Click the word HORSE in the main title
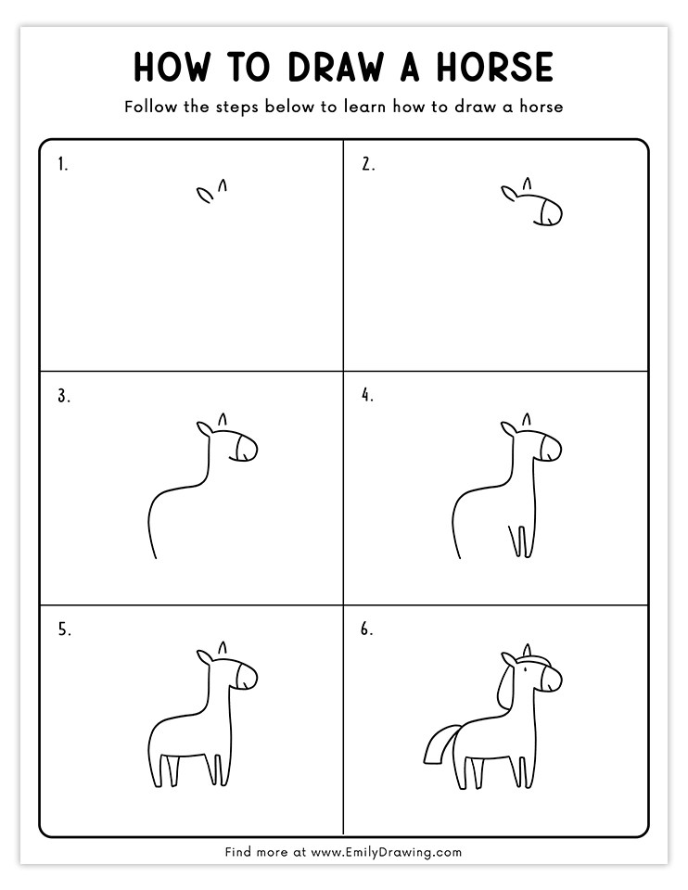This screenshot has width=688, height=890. tap(494, 67)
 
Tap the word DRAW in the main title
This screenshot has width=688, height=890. tap(336, 67)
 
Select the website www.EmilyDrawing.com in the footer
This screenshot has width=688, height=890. tap(387, 852)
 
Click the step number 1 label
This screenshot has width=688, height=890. tap(62, 165)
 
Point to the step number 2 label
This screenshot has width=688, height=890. tap(368, 165)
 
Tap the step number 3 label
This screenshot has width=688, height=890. tap(64, 396)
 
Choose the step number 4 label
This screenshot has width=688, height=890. tap(368, 395)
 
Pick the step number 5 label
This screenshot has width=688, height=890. tap(65, 629)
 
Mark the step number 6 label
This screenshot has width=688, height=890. tap(367, 629)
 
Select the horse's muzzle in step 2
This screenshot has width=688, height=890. tap(550, 212)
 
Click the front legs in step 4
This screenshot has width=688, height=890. tap(520, 541)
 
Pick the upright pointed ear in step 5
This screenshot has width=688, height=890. tap(223, 648)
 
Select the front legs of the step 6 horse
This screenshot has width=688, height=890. tap(522, 772)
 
